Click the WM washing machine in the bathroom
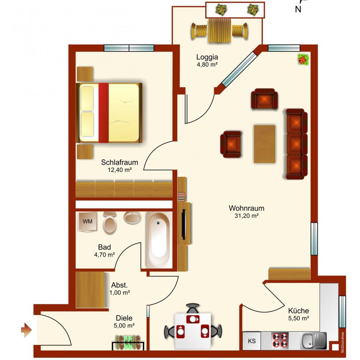tap(87, 222)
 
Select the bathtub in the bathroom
tap(159, 240)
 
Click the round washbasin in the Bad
tap(133, 217)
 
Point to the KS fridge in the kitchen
tap(252, 341)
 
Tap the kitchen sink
tap(314, 341)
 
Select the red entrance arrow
tap(26, 330)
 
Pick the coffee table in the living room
tap(265, 144)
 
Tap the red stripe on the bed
tap(104, 113)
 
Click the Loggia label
tap(207, 57)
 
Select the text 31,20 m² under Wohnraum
tap(247, 216)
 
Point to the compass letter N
tap(298, 10)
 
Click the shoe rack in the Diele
tap(128, 343)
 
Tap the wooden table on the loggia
tap(220, 31)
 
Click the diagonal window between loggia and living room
tap(239, 69)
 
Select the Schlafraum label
tap(120, 162)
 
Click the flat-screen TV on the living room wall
tap(184, 224)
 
